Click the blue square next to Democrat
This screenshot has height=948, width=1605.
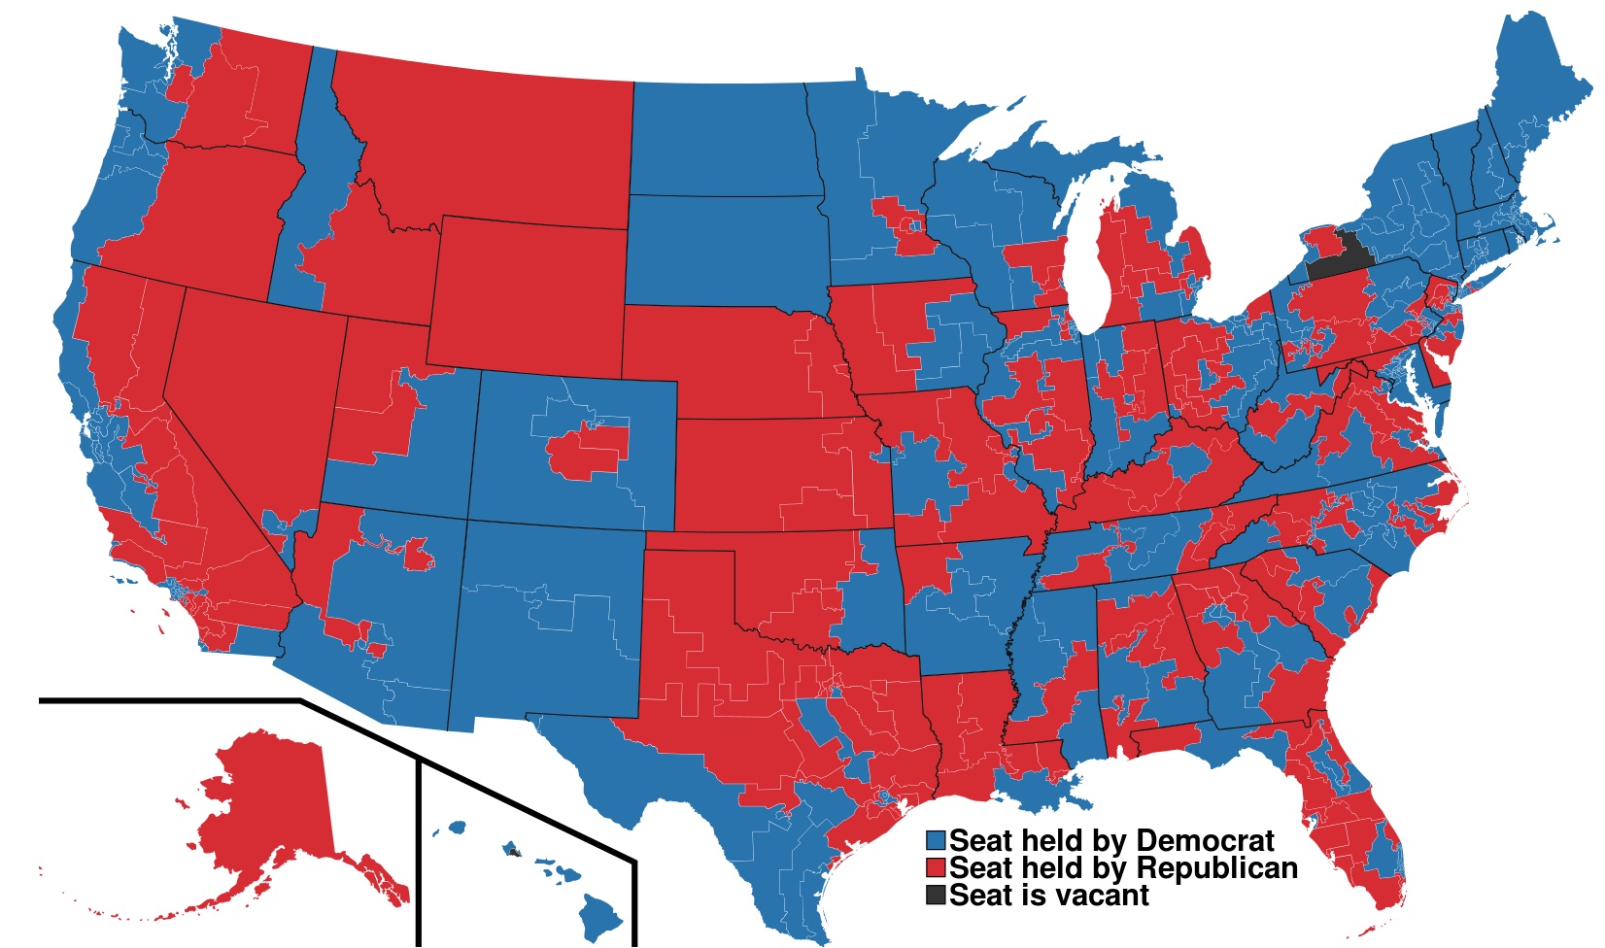[x=936, y=840]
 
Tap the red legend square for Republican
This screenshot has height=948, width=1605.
[x=936, y=867]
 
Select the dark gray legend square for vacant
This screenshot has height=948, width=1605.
[x=936, y=895]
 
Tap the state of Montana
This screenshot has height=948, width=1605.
[x=486, y=146]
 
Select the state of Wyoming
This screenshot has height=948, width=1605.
[x=529, y=291]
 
